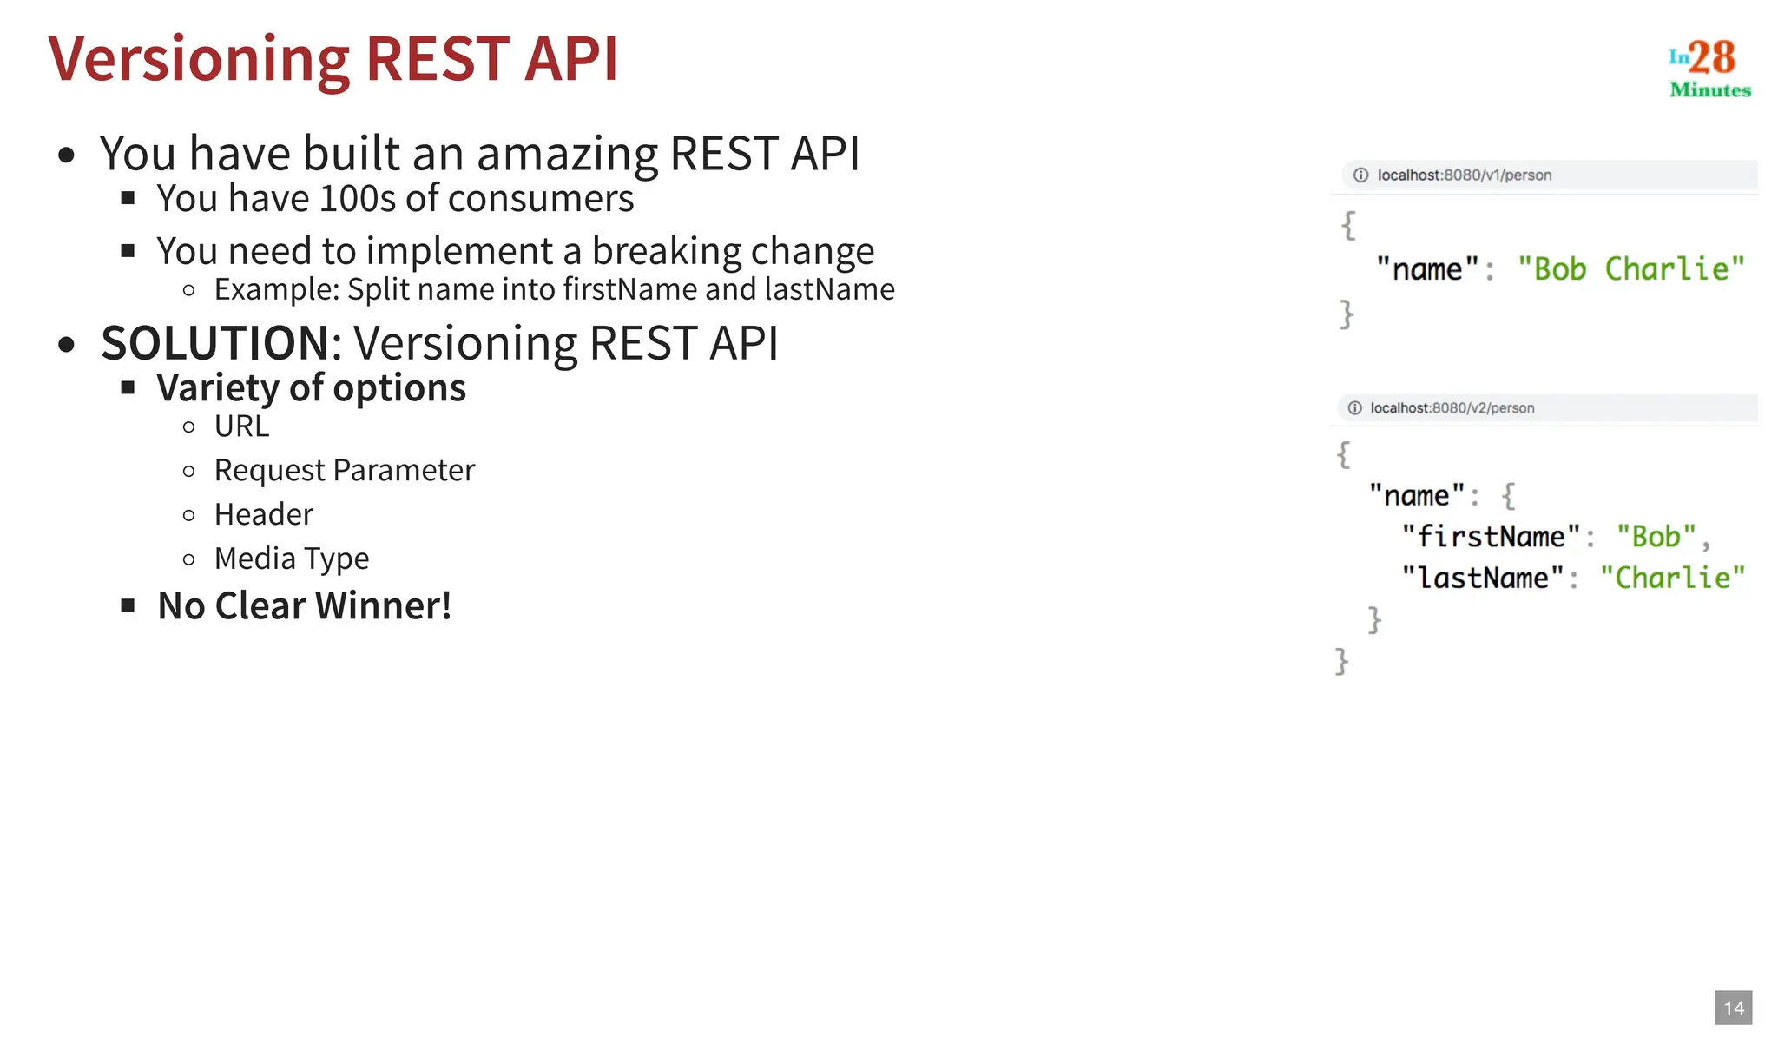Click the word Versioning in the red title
click(x=199, y=59)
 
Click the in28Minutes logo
click(x=1709, y=69)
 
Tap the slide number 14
click(x=1733, y=1008)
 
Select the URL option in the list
click(x=241, y=426)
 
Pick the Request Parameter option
click(x=344, y=471)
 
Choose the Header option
click(x=263, y=514)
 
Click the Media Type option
click(x=291, y=559)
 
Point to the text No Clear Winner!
click(x=304, y=605)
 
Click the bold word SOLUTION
click(x=214, y=343)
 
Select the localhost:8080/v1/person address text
click(x=1464, y=175)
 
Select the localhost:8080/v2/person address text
click(x=1452, y=408)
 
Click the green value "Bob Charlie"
click(x=1630, y=269)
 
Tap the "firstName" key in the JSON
click(x=1490, y=537)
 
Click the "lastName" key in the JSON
click(x=1482, y=579)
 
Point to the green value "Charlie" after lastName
click(x=1672, y=579)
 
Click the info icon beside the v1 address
click(x=1360, y=175)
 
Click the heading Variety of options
click(x=311, y=388)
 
